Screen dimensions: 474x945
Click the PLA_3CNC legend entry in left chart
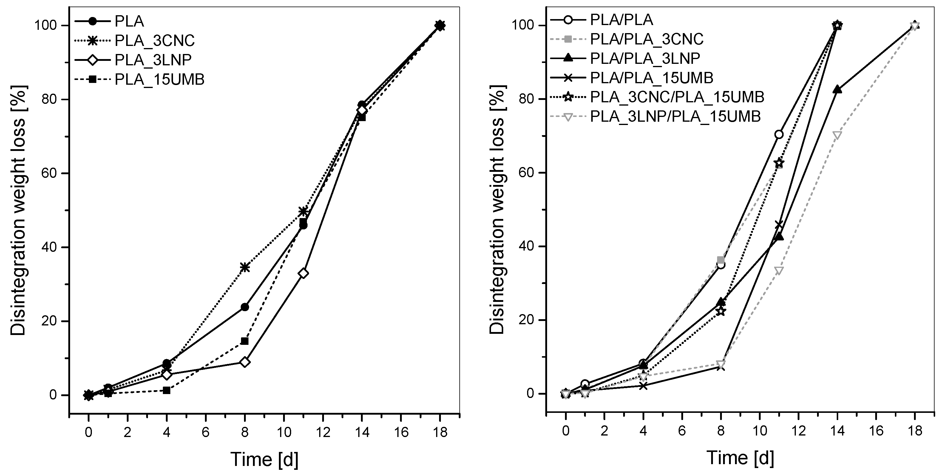[x=155, y=40]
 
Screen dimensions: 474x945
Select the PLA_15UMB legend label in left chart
[x=159, y=79]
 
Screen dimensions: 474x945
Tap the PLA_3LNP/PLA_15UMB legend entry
[x=675, y=116]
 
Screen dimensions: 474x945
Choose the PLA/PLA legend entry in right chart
[x=621, y=19]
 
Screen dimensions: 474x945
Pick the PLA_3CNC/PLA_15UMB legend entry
[x=677, y=97]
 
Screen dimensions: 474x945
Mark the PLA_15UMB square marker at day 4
[x=166, y=390]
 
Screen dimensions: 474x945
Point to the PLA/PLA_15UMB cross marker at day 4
[x=643, y=386]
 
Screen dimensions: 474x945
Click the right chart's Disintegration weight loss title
[x=498, y=209]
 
